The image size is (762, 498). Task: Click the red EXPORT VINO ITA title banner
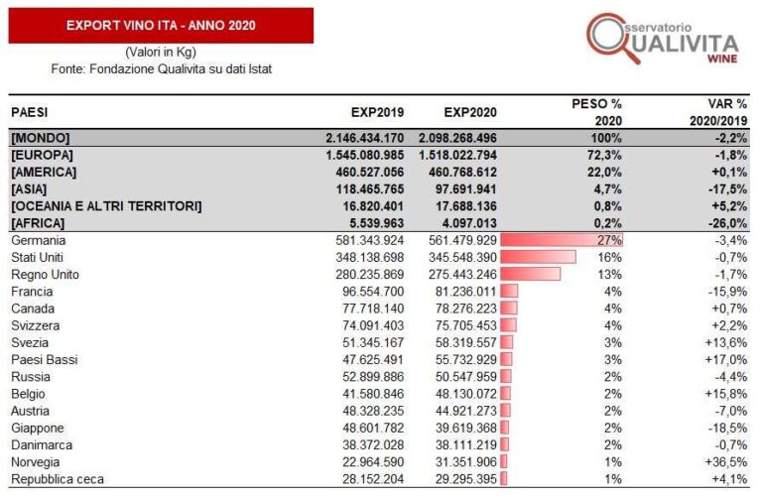coord(161,25)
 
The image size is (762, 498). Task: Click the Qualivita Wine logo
coord(662,39)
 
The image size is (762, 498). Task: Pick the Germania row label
coord(39,240)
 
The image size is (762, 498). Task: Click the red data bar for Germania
coord(562,240)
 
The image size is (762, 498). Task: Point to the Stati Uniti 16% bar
coord(539,257)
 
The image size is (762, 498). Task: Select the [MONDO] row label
coord(41,138)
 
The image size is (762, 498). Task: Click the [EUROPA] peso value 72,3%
coord(602,155)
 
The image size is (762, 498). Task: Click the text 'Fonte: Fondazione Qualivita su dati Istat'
coord(161,68)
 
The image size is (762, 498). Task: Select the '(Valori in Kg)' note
coord(161,52)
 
